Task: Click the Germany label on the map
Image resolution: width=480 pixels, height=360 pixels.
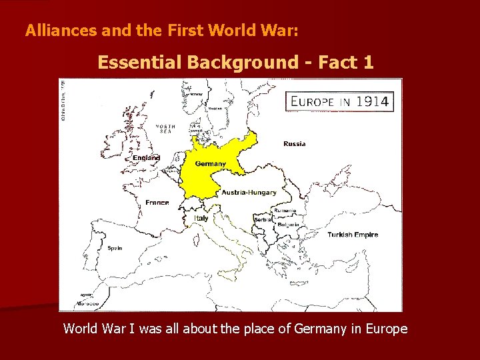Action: coord(210,164)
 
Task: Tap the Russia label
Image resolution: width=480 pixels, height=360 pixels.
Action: coord(295,144)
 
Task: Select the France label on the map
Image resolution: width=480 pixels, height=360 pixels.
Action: coord(157,203)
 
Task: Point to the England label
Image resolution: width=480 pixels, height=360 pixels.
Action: coord(147,158)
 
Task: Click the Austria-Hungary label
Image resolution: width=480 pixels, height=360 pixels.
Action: coord(249,193)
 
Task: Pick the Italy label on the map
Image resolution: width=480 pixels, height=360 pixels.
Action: coord(201,218)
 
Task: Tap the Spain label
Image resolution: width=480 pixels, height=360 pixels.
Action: coord(115,248)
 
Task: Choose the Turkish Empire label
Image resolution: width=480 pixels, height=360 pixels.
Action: coord(353,235)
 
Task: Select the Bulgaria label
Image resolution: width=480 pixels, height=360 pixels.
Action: coord(288,225)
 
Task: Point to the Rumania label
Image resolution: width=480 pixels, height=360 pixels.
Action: coord(285,210)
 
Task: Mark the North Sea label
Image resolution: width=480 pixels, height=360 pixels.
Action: coord(165,129)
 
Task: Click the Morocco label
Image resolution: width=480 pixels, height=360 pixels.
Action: coord(87,303)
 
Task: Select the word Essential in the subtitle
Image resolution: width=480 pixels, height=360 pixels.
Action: coord(139,63)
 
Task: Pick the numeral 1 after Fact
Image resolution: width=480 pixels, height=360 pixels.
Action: coord(369,63)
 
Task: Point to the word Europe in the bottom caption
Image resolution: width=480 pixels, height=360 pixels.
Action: coord(387,329)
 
